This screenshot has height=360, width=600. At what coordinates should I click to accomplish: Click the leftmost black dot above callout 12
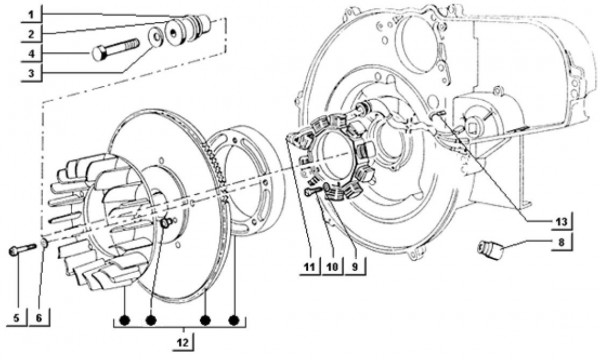pos(124,321)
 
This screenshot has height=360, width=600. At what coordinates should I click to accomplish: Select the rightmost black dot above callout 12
pos(234,321)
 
